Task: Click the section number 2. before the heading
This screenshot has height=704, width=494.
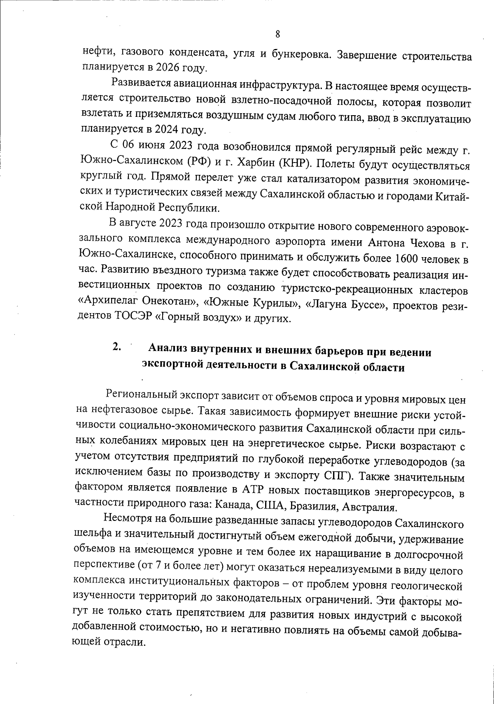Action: tap(117, 347)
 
